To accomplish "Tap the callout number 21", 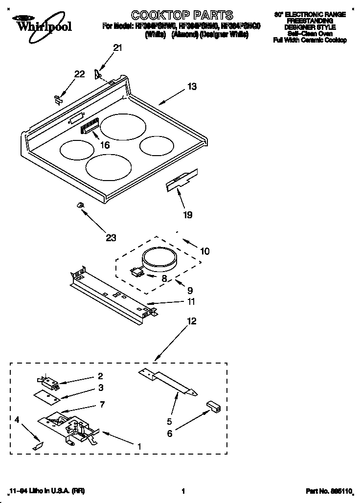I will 117,48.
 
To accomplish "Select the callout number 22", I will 79,74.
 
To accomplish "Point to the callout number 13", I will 192,87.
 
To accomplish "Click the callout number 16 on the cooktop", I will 104,145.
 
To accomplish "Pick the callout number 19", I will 188,214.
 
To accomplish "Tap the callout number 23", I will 111,238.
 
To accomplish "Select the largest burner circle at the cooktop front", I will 109,166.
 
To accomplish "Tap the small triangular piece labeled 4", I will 37,446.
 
